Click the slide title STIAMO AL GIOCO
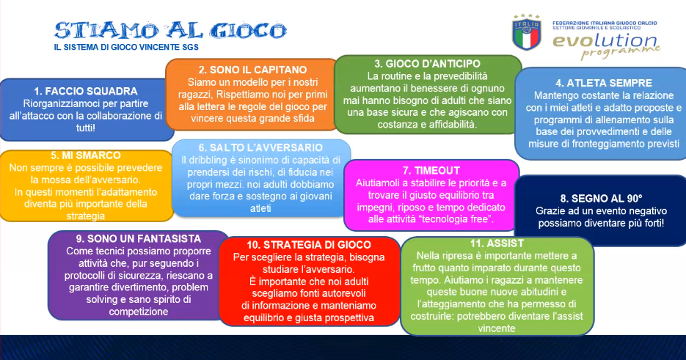170,30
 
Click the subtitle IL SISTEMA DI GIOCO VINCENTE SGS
126,47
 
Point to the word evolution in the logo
605,40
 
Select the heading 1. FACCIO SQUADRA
86,92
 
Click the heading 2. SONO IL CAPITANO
252,70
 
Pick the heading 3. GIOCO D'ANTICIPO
427,64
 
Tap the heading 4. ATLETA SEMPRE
603,83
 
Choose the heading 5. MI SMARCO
85,155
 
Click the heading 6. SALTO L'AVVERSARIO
260,148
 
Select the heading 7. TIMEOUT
431,171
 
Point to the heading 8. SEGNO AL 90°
601,199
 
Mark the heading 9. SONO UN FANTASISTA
138,239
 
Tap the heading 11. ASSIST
497,243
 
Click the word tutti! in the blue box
86,128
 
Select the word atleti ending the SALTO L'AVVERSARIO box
260,209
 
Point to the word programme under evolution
621,53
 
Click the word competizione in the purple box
138,312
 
